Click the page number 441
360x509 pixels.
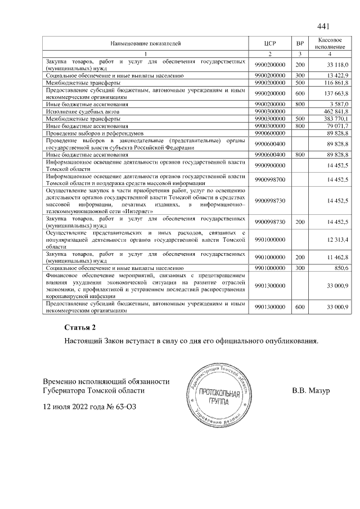click(323, 26)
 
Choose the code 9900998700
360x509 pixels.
click(271, 179)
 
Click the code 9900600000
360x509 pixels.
click(271, 134)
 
